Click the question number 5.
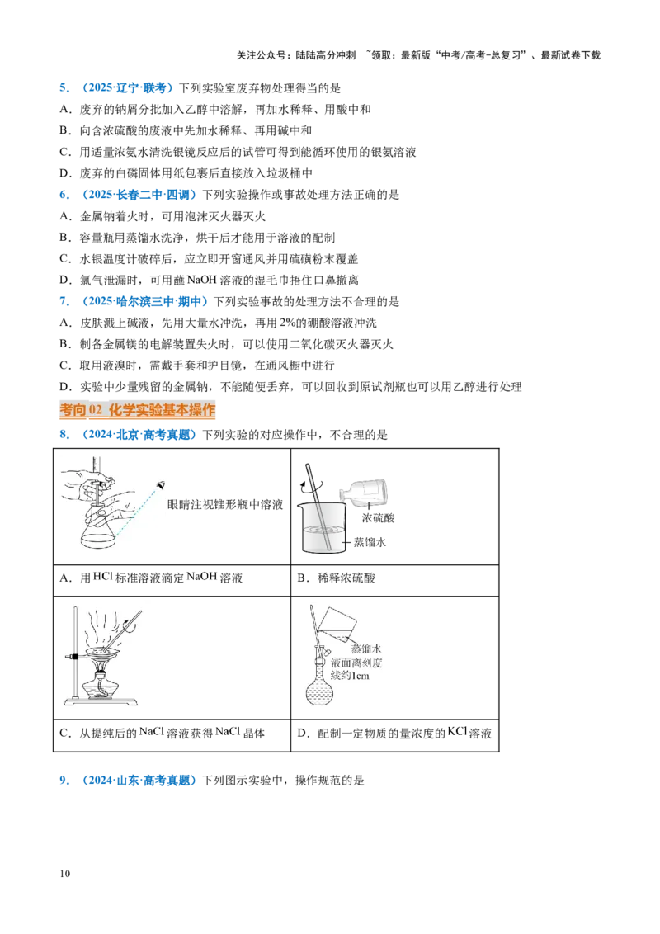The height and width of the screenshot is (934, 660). click(64, 88)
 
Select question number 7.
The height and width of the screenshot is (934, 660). click(64, 301)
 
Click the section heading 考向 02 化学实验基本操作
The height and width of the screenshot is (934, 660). click(138, 410)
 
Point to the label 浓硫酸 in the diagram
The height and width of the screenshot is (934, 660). click(378, 518)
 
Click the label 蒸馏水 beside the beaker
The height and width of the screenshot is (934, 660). click(370, 542)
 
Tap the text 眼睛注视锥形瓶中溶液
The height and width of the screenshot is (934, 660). click(225, 504)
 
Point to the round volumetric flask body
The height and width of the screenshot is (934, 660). click(321, 691)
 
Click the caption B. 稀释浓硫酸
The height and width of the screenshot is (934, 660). click(336, 578)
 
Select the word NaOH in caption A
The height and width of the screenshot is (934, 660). click(202, 577)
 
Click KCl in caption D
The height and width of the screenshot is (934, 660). click(457, 732)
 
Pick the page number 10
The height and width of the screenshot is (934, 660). click(65, 874)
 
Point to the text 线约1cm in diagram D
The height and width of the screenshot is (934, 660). click(351, 676)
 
